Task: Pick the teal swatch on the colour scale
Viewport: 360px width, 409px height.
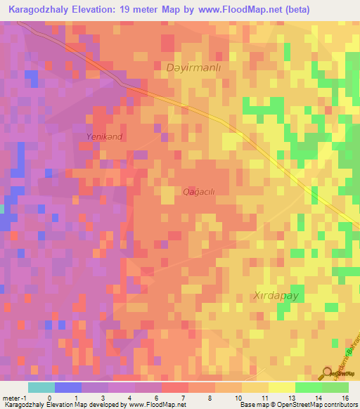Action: pyautogui.click(x=41, y=387)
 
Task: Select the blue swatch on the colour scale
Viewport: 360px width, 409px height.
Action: pyautogui.click(x=67, y=387)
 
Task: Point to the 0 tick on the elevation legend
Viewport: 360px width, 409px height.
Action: pyautogui.click(x=49, y=397)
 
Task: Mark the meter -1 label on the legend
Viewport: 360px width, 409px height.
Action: pyautogui.click(x=13, y=397)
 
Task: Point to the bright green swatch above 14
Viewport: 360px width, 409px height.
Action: pyautogui.click(x=308, y=387)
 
